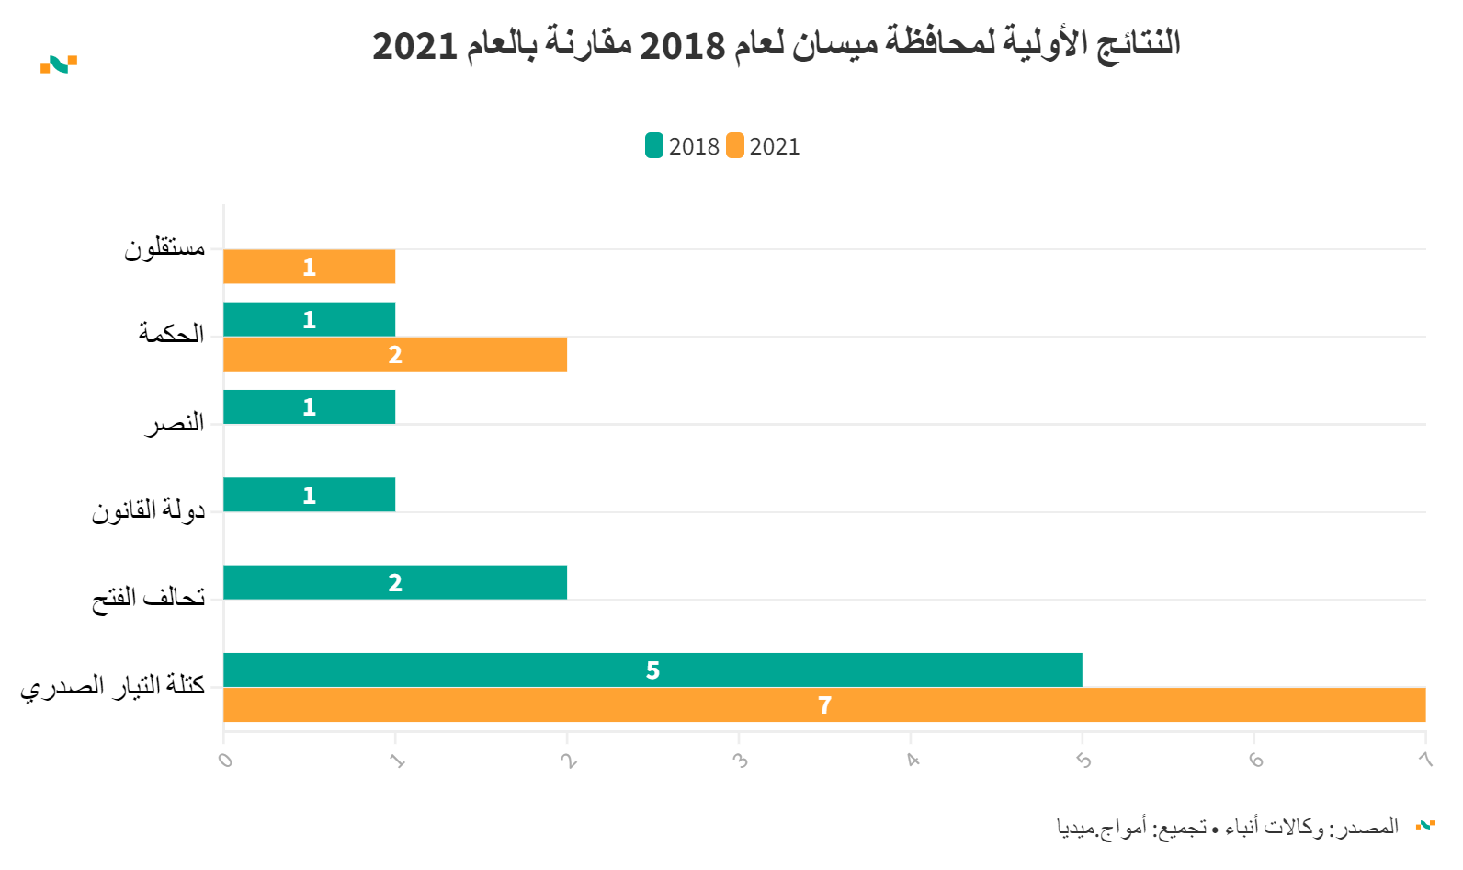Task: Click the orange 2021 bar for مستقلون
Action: (x=309, y=267)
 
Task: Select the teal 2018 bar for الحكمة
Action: (x=309, y=319)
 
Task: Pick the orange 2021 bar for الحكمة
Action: (x=395, y=354)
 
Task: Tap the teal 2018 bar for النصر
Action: (x=309, y=407)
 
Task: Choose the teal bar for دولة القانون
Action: (x=309, y=495)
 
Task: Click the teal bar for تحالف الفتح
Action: (x=395, y=582)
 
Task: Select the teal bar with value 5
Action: (x=652, y=670)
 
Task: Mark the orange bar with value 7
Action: (x=824, y=705)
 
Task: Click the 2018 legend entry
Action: (x=683, y=146)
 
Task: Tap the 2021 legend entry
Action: (x=764, y=146)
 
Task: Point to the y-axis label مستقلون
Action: (x=165, y=248)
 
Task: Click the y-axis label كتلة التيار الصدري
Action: (x=113, y=686)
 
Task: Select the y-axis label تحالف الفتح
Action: (x=149, y=599)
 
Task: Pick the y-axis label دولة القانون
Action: (x=148, y=511)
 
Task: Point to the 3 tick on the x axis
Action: (x=740, y=761)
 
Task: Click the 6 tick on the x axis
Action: (x=1255, y=761)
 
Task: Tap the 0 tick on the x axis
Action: (x=225, y=761)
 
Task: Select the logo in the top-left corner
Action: (x=59, y=64)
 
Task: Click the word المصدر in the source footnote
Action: (x=1371, y=827)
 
